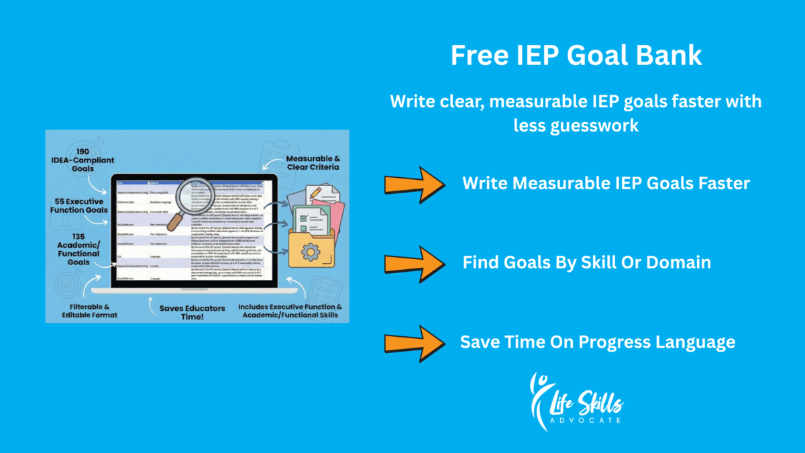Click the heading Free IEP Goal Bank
point(576,56)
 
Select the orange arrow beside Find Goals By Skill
point(414,262)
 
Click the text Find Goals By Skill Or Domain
point(586,262)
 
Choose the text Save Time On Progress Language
point(597,342)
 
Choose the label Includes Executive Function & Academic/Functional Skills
point(290,310)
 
